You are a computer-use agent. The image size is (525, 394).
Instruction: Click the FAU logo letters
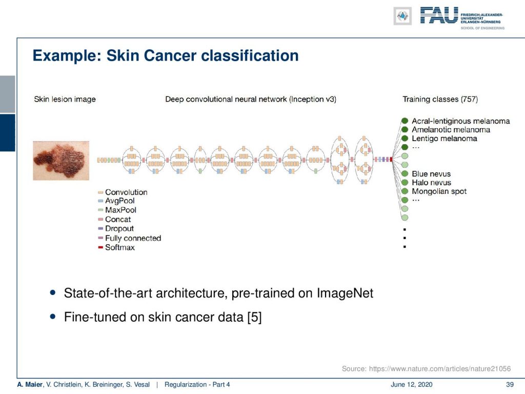439,15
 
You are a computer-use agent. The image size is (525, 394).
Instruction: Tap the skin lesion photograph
61,161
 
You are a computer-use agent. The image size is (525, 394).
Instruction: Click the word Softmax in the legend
120,248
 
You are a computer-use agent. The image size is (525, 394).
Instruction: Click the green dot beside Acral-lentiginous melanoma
405,121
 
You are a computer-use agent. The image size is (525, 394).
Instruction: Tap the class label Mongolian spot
439,191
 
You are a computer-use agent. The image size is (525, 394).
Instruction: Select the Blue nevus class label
431,174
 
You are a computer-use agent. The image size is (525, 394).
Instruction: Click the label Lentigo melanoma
445,139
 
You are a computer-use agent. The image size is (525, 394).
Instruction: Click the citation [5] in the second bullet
254,317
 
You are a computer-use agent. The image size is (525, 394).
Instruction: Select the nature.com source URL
440,369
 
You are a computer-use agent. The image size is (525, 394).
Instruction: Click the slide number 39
510,385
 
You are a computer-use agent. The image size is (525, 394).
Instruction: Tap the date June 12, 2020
412,385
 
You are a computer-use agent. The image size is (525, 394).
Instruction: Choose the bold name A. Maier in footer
30,385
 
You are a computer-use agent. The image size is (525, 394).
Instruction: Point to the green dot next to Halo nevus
405,182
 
